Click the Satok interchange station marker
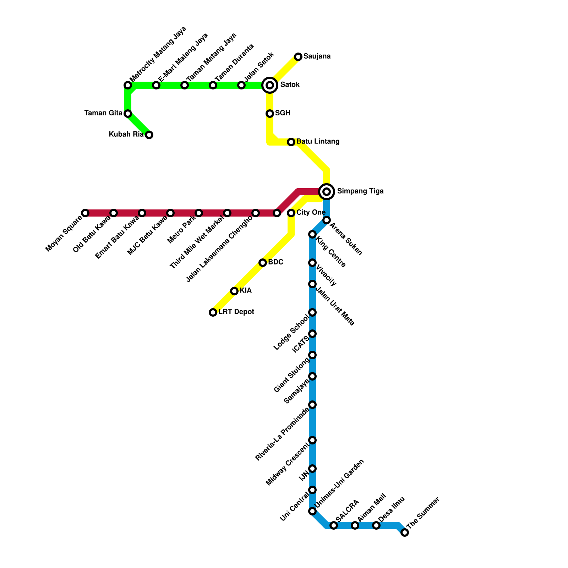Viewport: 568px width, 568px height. pos(270,85)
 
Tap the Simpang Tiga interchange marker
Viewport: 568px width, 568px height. pos(327,192)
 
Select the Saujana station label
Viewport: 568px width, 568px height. pos(317,56)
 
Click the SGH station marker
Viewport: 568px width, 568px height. pos(270,114)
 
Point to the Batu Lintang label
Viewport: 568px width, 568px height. pos(318,142)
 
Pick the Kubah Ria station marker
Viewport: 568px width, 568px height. pos(149,135)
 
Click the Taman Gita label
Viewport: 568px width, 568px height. pos(103,113)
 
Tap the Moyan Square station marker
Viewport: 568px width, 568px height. pos(85,213)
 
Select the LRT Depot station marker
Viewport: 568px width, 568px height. pos(213,312)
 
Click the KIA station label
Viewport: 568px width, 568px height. pos(245,291)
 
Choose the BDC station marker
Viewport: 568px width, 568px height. pos(263,263)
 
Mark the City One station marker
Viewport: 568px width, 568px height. pos(291,213)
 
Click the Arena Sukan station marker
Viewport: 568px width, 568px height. pos(327,220)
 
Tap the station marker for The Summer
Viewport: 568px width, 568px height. pos(405,532)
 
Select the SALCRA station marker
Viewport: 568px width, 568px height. pos(334,525)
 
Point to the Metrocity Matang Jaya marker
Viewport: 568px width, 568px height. pos(128,85)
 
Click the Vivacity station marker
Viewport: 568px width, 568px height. pos(312,263)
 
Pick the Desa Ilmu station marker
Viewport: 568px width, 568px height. pos(376,525)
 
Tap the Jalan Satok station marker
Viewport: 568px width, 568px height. pos(241,85)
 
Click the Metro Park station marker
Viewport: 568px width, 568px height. pos(199,213)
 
